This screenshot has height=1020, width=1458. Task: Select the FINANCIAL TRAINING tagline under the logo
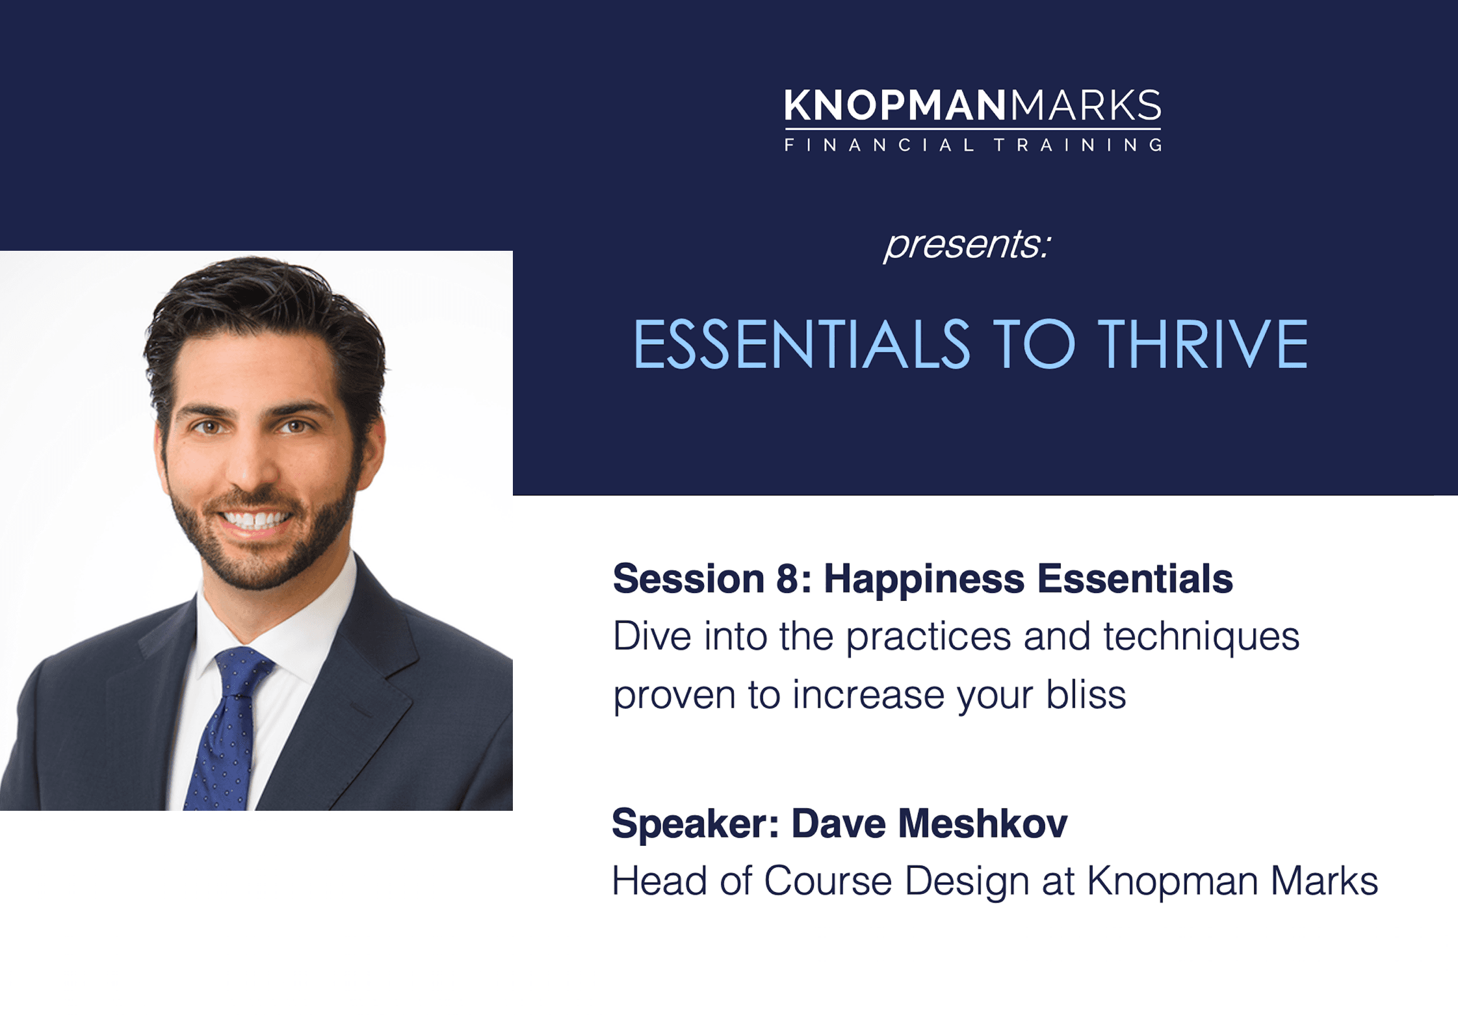pos(973,145)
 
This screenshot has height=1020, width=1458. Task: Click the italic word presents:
pos(967,246)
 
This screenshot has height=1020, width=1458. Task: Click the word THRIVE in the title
pos(1203,344)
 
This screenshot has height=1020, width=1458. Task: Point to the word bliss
pos(1086,695)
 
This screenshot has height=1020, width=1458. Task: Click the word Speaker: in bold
pos(696,824)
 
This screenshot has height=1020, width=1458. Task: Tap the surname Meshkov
pos(983,824)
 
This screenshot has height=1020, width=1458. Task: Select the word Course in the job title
pos(827,882)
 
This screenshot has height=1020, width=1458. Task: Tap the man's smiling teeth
pos(255,519)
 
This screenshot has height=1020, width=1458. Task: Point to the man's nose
pos(250,465)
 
